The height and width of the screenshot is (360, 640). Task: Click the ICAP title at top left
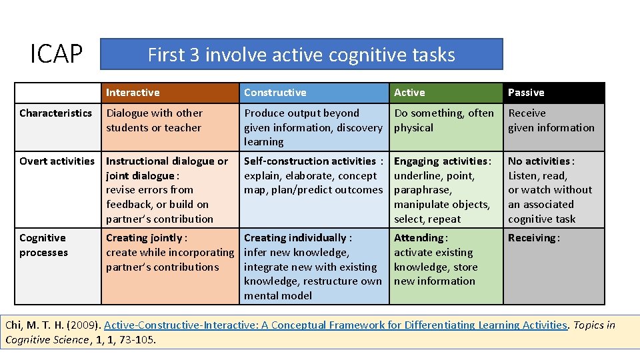[57, 55]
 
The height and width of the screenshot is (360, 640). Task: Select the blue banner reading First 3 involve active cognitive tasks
[301, 54]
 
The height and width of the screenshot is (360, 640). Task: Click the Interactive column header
[133, 93]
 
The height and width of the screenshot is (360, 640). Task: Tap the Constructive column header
[275, 93]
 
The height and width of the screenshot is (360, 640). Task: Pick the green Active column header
[409, 93]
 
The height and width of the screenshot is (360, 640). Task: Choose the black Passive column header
[526, 93]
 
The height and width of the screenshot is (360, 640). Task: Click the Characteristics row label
[56, 113]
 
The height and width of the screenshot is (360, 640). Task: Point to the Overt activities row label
[57, 161]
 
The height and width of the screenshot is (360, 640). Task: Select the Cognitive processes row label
[43, 245]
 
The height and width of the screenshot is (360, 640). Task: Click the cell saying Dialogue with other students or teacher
[154, 121]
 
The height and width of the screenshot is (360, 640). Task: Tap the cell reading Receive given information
[551, 121]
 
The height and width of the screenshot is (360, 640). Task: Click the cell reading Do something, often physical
[444, 121]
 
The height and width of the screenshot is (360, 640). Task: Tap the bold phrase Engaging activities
[441, 161]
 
